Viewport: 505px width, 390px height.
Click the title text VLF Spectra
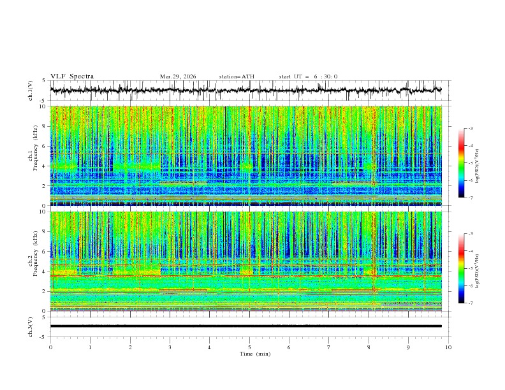(x=72, y=76)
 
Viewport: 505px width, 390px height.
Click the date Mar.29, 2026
(x=178, y=76)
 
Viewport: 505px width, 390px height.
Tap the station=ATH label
(x=237, y=76)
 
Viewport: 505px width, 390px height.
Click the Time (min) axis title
(x=249, y=353)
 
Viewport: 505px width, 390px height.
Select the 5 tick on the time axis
(x=249, y=347)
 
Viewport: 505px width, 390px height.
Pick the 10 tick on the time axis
(x=449, y=347)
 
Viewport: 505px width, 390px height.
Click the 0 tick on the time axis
(x=50, y=347)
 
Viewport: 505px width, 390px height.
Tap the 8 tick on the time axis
(x=369, y=347)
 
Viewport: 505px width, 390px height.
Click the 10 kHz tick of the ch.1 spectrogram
(x=43, y=106)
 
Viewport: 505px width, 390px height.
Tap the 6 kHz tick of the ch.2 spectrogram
(x=44, y=252)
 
